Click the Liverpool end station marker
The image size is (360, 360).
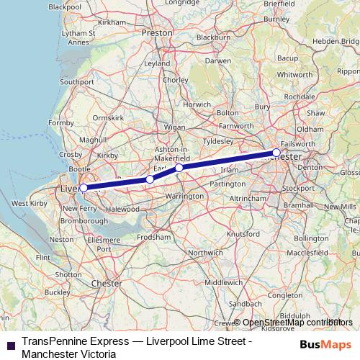tap(84, 188)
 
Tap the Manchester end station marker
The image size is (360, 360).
tap(276, 153)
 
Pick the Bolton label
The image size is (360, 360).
tap(228, 113)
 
